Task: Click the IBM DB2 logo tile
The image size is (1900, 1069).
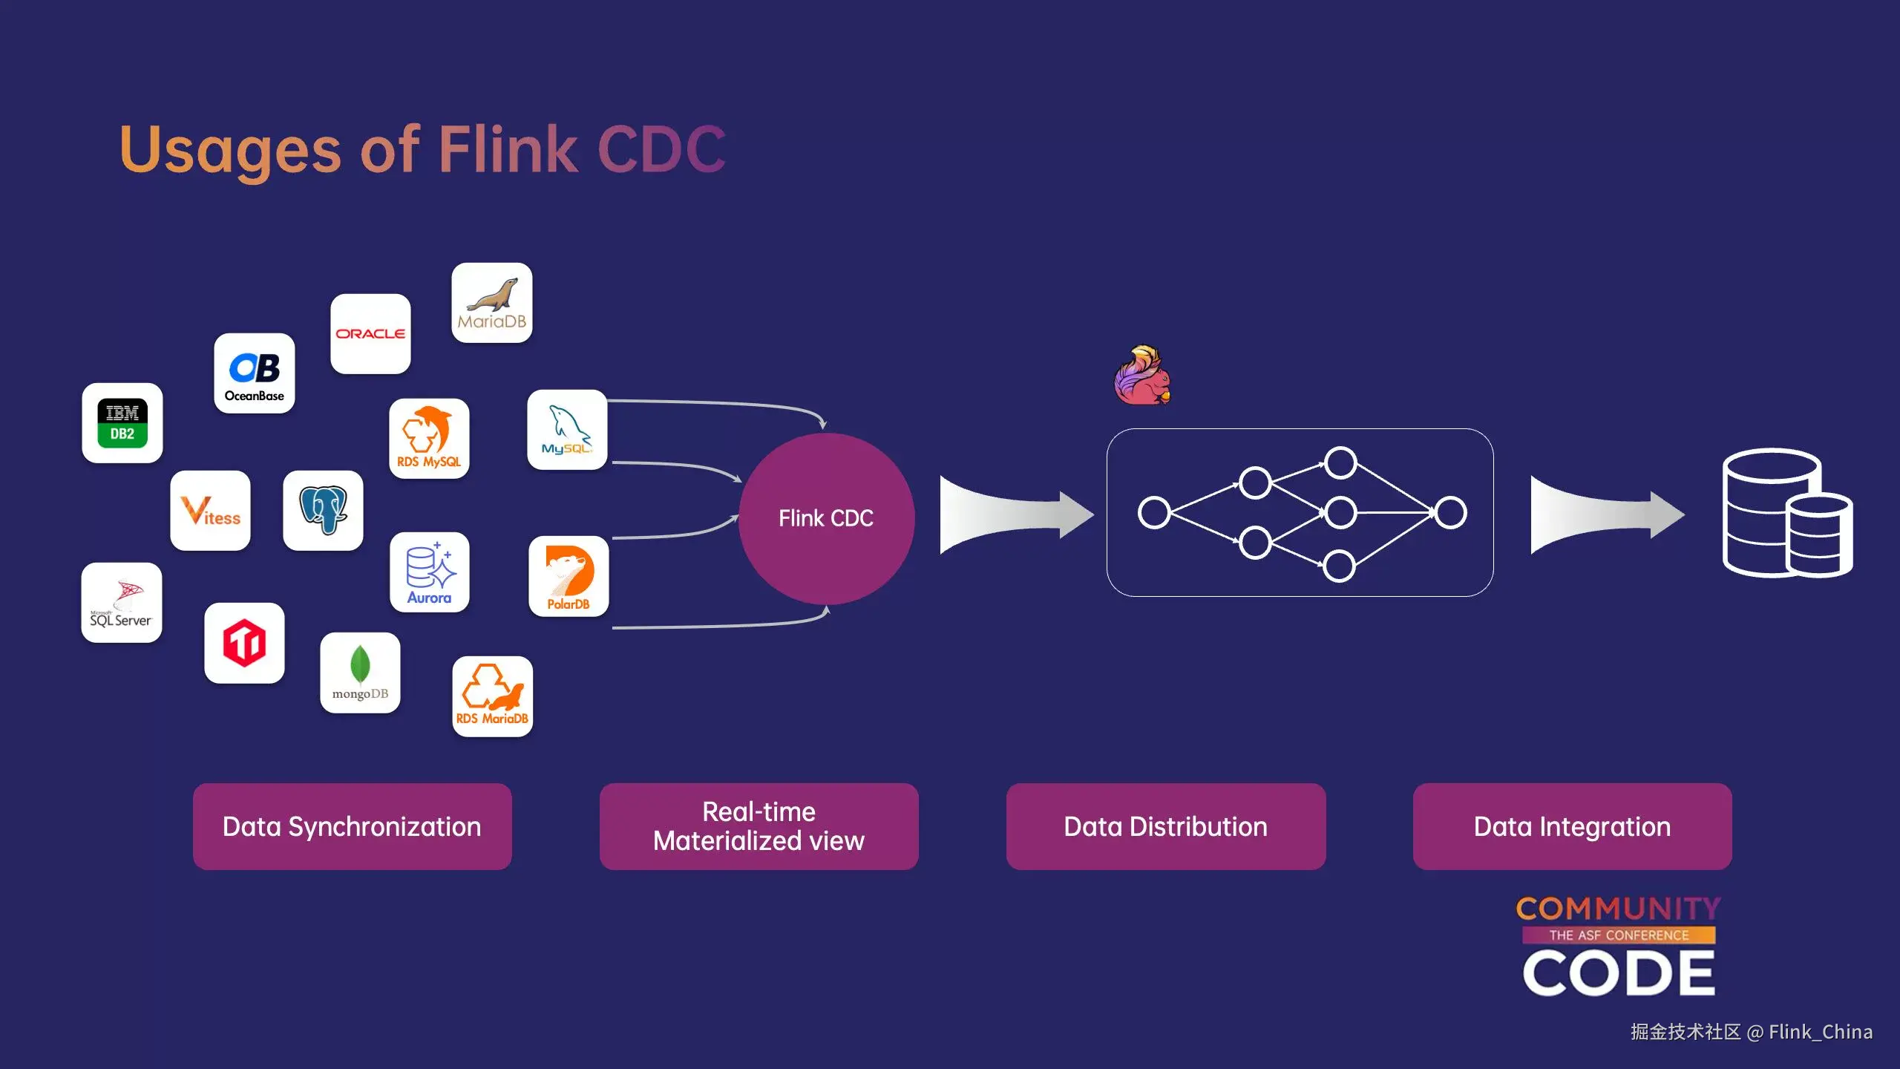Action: click(x=122, y=423)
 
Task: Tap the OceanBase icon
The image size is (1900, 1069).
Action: click(x=255, y=373)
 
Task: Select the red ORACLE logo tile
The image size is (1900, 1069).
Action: click(x=370, y=334)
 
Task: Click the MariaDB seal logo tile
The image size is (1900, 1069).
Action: click(x=492, y=303)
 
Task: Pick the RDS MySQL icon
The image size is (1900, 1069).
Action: click(x=429, y=439)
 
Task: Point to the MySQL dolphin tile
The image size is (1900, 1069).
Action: click(x=567, y=430)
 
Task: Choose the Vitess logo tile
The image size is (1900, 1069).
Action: click(x=211, y=511)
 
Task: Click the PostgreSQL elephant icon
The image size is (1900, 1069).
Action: click(x=324, y=511)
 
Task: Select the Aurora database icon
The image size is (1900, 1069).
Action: click(x=430, y=572)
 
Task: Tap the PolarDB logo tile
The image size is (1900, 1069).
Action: click(x=569, y=577)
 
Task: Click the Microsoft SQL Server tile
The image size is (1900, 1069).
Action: click(x=122, y=603)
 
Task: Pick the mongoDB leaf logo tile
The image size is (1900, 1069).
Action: click(x=360, y=673)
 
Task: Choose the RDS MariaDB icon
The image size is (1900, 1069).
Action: click(x=493, y=696)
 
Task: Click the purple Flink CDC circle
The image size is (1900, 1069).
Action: click(x=826, y=518)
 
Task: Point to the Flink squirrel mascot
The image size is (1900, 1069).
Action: click(x=1142, y=375)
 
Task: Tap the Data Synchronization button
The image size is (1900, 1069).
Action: click(x=353, y=826)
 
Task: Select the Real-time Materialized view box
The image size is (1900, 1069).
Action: click(x=759, y=826)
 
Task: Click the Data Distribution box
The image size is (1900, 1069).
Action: click(x=1166, y=826)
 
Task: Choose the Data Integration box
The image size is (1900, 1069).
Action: click(x=1573, y=826)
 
